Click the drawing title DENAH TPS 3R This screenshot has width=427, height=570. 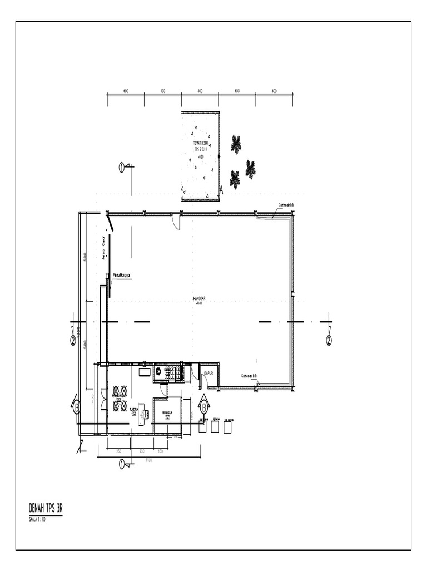click(45, 509)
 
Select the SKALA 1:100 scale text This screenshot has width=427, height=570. click(38, 519)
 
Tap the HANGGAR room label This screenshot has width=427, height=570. click(199, 299)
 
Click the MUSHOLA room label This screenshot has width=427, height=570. click(167, 414)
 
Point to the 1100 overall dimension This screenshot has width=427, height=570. click(149, 460)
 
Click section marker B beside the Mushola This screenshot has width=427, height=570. click(204, 406)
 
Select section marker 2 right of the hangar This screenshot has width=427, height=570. click(329, 340)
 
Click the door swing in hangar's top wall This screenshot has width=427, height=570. click(176, 222)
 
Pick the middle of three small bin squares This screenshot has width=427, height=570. click(215, 426)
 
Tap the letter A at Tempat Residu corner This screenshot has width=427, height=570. click(221, 190)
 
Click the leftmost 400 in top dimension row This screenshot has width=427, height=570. click(126, 91)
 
